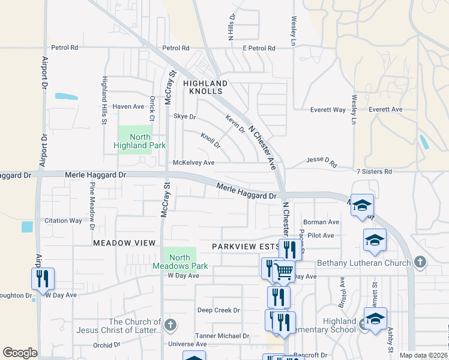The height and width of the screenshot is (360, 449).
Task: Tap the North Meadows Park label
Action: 180,262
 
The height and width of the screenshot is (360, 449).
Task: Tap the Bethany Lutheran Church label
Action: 364,262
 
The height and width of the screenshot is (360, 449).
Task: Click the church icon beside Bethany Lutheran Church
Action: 420,262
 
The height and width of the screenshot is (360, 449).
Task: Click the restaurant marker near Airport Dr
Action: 43,278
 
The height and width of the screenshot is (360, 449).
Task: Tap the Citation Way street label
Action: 63,221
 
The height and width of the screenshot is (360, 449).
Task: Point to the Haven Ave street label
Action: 128,106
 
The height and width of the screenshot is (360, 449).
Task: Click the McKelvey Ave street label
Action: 193,163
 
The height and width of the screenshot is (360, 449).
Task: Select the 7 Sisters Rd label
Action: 373,172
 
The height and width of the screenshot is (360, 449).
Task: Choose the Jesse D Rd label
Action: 322,161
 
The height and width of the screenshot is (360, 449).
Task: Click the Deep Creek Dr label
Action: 218,310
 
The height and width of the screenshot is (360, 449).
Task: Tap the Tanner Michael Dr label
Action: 221,335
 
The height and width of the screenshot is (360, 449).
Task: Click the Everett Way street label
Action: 328,110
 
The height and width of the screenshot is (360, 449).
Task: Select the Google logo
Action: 20,352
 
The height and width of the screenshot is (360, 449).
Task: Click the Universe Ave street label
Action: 187,344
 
